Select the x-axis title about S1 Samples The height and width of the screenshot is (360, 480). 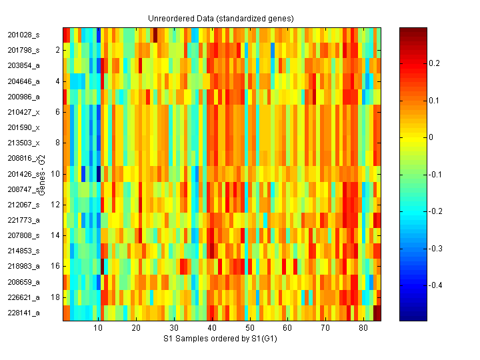(221, 339)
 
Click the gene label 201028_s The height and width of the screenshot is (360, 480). (23, 35)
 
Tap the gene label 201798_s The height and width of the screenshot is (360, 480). (23, 50)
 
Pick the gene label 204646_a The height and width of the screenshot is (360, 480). (23, 81)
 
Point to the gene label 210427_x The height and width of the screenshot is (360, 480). (23, 112)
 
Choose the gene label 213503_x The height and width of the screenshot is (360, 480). (23, 143)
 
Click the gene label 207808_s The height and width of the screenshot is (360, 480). (23, 235)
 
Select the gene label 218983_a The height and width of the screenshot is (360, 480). (23, 266)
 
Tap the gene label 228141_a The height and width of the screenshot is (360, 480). (23, 313)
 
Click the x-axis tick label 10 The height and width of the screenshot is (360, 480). (98, 329)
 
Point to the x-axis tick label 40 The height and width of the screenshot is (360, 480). (211, 329)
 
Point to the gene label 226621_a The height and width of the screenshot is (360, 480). (23, 297)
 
